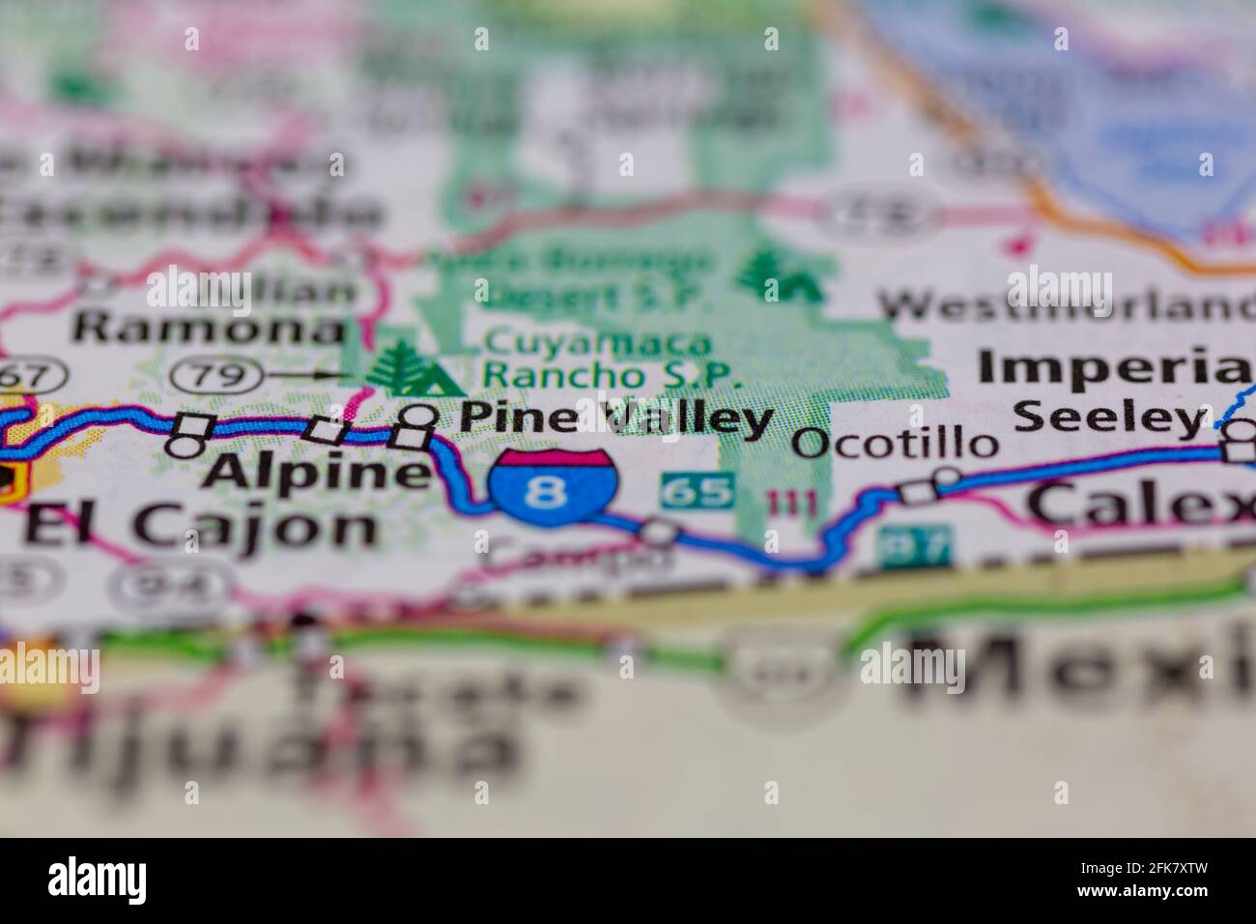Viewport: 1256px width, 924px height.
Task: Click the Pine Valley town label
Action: [x=615, y=419]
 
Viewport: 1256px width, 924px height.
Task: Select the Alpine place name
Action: [x=319, y=473]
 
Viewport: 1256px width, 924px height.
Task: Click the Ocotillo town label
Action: [x=895, y=444]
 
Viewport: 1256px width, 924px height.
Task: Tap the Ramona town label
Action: [x=209, y=328]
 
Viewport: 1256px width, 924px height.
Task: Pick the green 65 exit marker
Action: [x=698, y=491]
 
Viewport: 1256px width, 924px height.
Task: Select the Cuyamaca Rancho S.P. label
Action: [x=613, y=359]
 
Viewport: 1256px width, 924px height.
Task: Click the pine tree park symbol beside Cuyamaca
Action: [x=412, y=368]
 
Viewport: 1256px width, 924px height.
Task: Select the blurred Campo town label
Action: [x=576, y=557]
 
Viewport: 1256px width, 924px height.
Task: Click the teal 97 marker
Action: [x=914, y=546]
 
